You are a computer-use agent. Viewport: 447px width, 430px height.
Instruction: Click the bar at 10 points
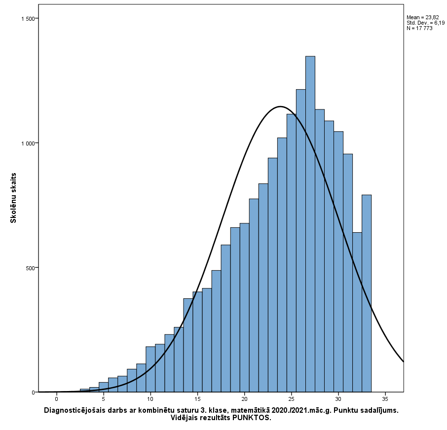click(x=150, y=369)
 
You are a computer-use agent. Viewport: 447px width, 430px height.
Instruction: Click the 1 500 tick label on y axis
click(x=28, y=19)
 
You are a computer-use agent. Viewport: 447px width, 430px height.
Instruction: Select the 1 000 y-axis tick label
click(x=28, y=143)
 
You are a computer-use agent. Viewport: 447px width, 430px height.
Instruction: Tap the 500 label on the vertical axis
click(x=30, y=268)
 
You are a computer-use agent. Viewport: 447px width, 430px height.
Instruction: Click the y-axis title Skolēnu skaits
click(x=13, y=197)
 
